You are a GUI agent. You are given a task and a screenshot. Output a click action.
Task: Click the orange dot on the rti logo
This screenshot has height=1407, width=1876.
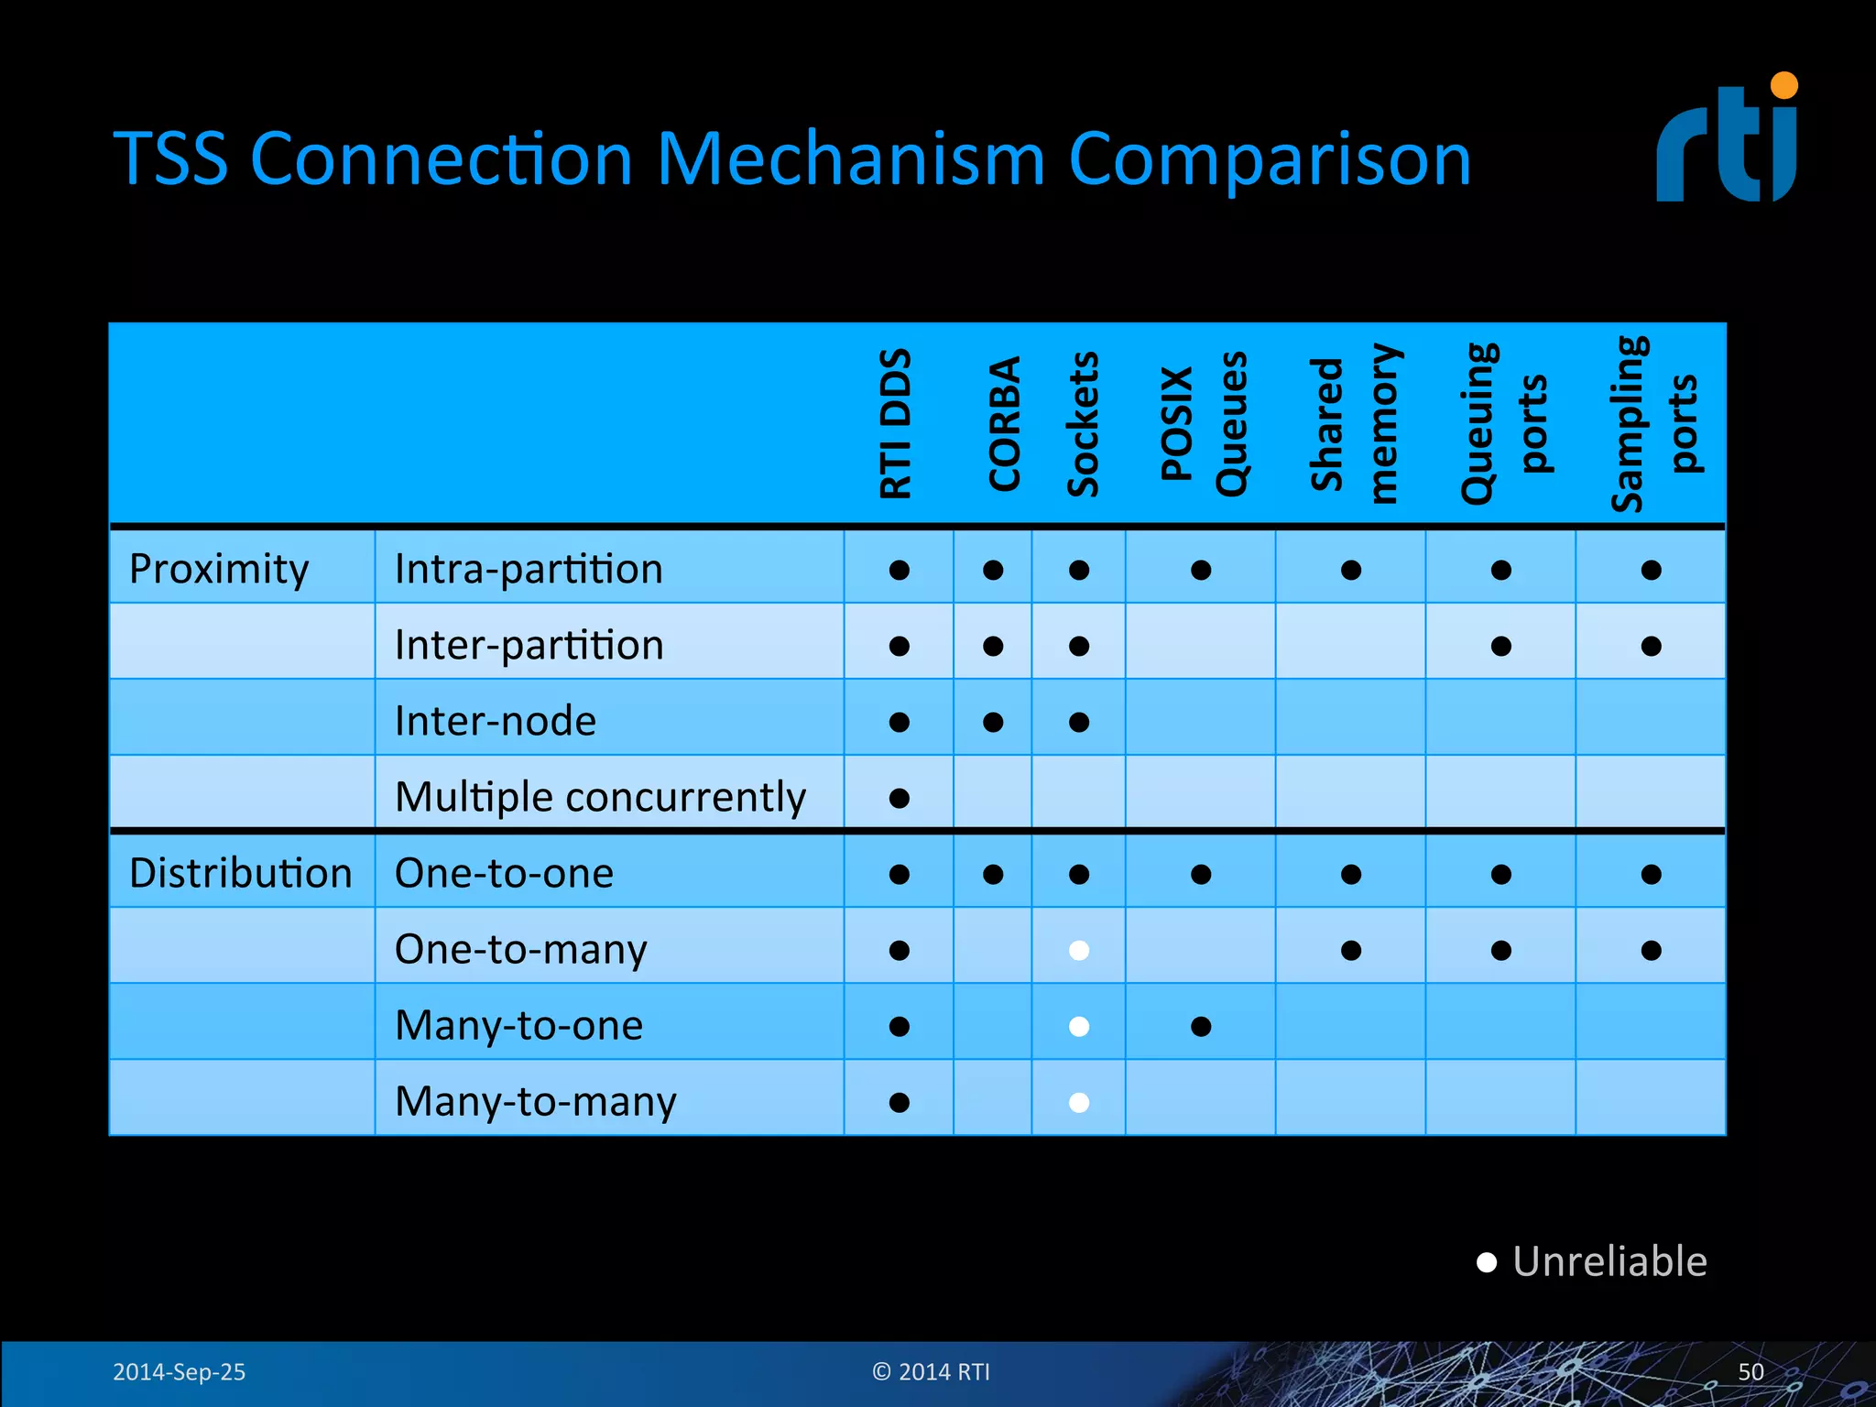[1783, 86]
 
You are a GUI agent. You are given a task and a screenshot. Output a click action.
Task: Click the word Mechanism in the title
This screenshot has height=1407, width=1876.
[850, 159]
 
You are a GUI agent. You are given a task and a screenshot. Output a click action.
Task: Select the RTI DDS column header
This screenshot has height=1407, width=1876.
[896, 423]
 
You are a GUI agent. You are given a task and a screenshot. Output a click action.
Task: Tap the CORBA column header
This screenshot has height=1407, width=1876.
[1004, 423]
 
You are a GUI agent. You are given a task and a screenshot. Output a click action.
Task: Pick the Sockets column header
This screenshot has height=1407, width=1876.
[1083, 423]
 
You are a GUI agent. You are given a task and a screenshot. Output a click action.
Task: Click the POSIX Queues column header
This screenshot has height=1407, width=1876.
[1203, 423]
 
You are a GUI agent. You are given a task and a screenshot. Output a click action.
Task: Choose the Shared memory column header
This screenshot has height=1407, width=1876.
[1353, 423]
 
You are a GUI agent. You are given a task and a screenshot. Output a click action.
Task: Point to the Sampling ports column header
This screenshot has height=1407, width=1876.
[1653, 423]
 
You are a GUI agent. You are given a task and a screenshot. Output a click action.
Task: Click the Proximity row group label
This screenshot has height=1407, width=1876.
[219, 569]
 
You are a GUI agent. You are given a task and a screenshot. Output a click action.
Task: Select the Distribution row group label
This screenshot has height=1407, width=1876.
[240, 873]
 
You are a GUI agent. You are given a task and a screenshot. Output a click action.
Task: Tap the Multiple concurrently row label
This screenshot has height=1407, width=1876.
[600, 797]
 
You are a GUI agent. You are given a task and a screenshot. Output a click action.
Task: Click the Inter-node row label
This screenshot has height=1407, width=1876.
[495, 721]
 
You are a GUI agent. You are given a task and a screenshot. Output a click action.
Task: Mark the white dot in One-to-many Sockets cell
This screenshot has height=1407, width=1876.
[1079, 950]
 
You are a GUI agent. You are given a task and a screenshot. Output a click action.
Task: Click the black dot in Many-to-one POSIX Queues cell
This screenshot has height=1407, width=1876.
[1201, 1026]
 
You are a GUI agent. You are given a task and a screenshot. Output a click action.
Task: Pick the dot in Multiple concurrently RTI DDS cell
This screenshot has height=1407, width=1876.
[900, 798]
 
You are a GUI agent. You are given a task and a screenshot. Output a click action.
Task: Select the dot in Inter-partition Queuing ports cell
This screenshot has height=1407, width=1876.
[1500, 646]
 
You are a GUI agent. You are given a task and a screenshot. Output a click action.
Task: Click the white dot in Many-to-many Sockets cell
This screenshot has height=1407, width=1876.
[1079, 1102]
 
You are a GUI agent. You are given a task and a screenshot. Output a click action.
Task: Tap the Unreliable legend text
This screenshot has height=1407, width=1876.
[1609, 1262]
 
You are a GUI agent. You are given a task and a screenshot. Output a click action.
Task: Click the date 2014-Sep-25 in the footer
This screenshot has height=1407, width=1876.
[179, 1371]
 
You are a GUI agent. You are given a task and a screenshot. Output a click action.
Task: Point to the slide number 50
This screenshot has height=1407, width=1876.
[1751, 1371]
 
